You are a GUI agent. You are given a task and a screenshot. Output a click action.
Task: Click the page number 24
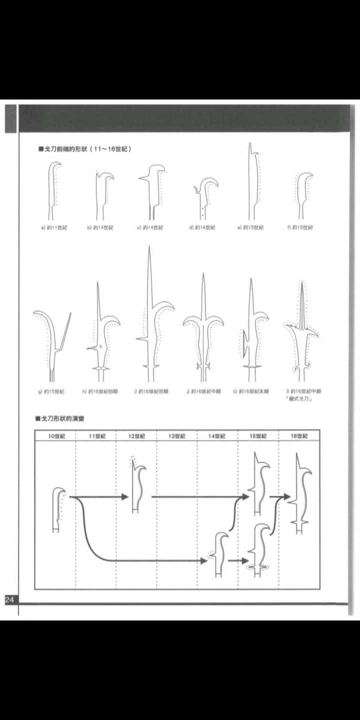(10, 600)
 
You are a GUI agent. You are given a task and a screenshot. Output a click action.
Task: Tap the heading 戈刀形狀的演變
(63, 417)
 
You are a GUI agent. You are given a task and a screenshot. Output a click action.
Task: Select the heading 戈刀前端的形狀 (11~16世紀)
(85, 149)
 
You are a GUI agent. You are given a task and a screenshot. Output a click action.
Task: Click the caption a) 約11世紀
(54, 227)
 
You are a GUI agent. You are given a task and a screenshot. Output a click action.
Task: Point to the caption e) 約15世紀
(250, 227)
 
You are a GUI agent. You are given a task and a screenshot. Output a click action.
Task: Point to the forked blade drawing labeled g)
(52, 345)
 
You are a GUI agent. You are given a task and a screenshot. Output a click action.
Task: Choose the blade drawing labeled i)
(152, 320)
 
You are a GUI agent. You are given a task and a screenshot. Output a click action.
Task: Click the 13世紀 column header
(176, 436)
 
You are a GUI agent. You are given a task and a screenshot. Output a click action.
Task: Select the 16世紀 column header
(299, 436)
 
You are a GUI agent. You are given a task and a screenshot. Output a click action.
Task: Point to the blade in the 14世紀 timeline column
(220, 555)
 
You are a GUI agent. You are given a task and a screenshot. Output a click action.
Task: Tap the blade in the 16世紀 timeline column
(300, 492)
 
